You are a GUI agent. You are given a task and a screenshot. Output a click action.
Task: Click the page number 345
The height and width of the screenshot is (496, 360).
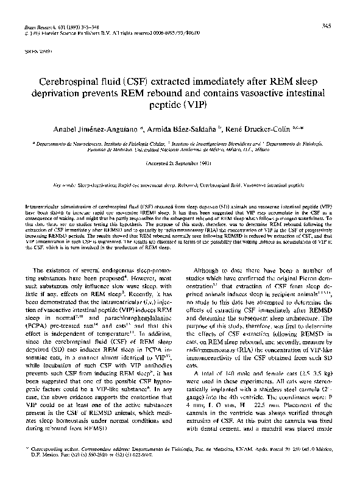click(326, 25)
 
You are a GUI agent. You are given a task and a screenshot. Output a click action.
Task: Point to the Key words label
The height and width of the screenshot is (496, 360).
click(64, 183)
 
